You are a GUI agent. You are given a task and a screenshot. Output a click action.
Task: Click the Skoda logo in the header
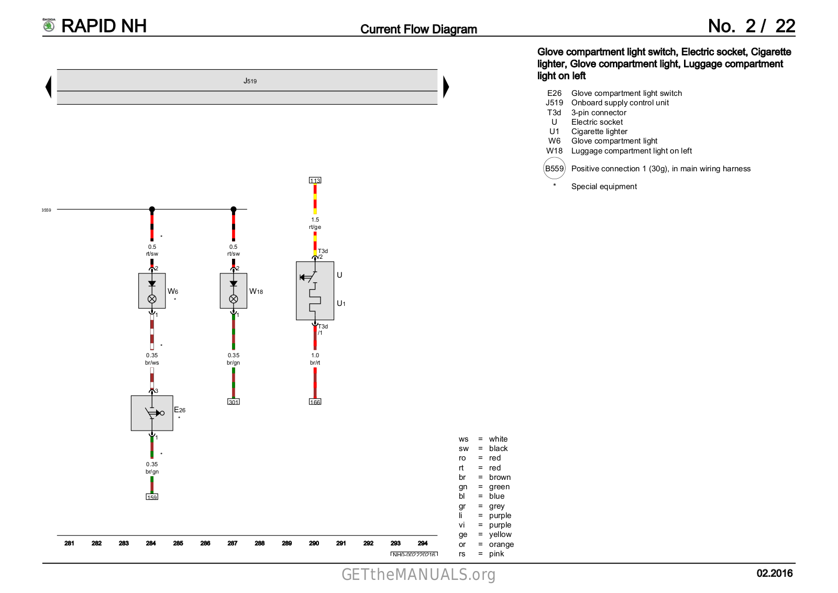(x=49, y=25)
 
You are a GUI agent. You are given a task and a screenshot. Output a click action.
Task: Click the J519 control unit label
(x=250, y=81)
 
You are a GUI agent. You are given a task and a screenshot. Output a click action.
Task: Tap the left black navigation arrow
(x=49, y=87)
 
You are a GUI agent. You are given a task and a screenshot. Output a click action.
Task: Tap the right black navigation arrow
(x=446, y=87)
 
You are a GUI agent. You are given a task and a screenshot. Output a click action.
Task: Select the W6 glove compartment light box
(x=152, y=291)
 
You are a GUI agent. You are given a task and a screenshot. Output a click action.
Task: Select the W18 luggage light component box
(x=234, y=291)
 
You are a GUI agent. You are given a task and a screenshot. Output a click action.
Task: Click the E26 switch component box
(x=152, y=413)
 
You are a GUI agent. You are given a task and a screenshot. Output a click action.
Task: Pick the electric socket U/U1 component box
(x=315, y=291)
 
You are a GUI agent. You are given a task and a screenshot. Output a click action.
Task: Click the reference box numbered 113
(x=315, y=180)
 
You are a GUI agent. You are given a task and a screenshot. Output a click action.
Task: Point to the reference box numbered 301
(x=234, y=402)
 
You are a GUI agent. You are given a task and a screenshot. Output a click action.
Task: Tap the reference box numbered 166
(x=315, y=402)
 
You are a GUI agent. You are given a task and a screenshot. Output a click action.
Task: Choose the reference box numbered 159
(x=152, y=497)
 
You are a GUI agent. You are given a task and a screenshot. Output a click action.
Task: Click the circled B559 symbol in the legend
(x=554, y=169)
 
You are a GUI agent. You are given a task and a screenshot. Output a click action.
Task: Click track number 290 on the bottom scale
(x=314, y=543)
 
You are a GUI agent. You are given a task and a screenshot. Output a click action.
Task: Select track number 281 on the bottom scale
(x=69, y=543)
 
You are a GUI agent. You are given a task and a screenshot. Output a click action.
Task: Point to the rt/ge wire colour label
(x=315, y=227)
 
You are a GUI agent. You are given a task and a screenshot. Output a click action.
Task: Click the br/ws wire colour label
(x=152, y=363)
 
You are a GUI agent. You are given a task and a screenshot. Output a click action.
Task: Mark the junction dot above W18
(x=234, y=210)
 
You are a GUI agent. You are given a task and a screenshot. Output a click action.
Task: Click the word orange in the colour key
(x=501, y=544)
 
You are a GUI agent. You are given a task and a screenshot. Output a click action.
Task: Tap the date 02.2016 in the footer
(x=774, y=573)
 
